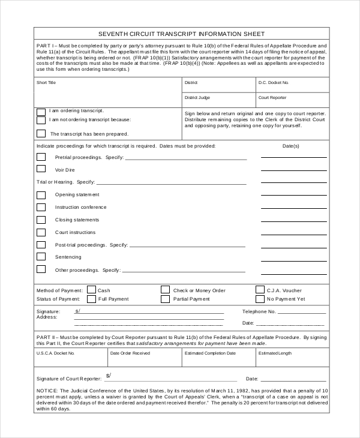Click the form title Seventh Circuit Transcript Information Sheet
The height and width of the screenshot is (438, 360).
181,34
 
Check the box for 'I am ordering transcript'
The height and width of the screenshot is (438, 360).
41,112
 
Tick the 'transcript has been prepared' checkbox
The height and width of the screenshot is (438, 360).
41,134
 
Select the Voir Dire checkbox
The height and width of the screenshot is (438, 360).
41,170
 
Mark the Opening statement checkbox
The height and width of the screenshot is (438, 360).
41,195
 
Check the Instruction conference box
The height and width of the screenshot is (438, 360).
41,207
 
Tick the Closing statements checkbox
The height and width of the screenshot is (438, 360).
41,220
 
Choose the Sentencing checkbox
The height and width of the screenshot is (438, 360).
41,257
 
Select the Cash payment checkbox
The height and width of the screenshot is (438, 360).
91,290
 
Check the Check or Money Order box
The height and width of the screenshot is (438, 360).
165,290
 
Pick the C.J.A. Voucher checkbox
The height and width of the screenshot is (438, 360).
260,290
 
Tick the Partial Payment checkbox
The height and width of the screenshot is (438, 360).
165,299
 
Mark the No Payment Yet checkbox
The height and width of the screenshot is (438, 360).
260,299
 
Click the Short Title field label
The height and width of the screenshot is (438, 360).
46,82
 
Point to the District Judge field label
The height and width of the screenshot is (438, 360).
197,97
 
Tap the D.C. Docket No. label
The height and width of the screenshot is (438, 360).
274,82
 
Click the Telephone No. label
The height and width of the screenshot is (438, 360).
259,311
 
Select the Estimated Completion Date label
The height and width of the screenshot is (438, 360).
210,353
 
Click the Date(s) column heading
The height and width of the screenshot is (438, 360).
290,146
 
